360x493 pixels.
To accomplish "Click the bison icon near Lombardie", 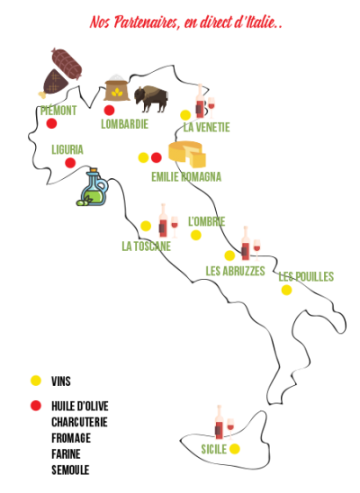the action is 151,99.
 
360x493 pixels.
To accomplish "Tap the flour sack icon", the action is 117,88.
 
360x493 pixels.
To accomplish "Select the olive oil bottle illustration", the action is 93,187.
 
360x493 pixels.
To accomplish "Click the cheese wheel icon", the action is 187,154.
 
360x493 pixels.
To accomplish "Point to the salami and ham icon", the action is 60,73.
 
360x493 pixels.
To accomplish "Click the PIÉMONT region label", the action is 58,111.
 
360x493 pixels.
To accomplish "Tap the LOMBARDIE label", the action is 124,124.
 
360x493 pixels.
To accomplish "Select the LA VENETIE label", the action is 207,127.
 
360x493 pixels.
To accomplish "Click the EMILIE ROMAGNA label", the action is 186,176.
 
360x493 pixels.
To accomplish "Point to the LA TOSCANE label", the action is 146,246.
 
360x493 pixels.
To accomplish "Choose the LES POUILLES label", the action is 306,277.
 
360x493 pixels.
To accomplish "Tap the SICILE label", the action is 214,449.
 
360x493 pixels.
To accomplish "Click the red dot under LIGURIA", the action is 70,163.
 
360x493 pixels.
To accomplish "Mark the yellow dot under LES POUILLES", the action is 286,290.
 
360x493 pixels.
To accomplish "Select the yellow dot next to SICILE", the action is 235,449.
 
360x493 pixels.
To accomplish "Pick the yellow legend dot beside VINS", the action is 36,381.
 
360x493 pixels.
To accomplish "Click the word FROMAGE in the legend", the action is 71,438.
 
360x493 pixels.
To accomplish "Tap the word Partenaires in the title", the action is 147,22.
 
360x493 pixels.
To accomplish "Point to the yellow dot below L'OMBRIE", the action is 196,235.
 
